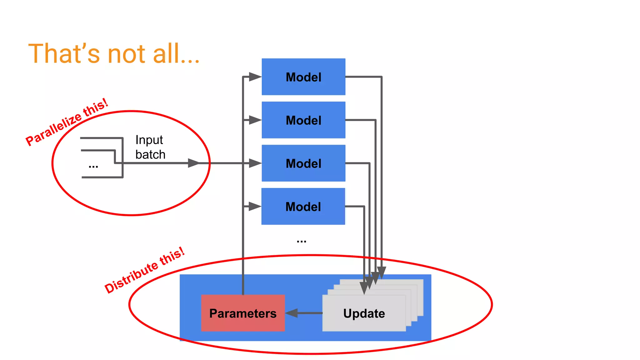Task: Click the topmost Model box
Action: click(x=303, y=77)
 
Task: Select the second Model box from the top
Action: click(x=303, y=120)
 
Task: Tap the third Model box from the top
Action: click(x=303, y=163)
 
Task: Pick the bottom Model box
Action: click(x=303, y=206)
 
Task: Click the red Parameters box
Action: click(x=243, y=313)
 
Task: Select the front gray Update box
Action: click(x=364, y=313)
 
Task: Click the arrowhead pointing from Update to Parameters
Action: click(x=292, y=313)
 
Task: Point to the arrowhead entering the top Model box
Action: click(x=255, y=77)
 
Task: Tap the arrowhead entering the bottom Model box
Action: click(x=255, y=206)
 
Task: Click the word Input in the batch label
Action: click(x=149, y=140)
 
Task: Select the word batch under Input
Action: click(x=150, y=154)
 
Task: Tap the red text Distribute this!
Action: click(x=144, y=270)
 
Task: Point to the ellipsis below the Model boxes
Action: click(x=302, y=241)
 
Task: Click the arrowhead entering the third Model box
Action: click(x=255, y=163)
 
